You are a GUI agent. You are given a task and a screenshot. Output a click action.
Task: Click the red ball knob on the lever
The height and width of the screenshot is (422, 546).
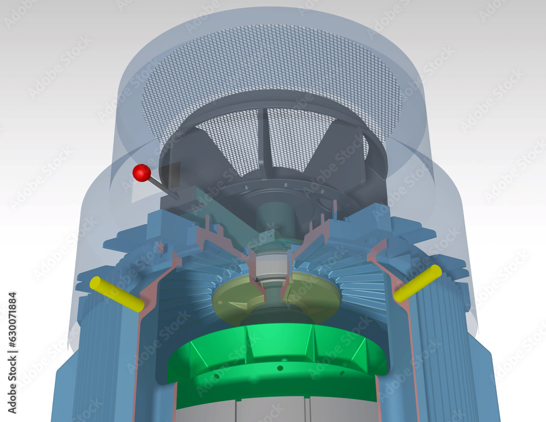[142, 173]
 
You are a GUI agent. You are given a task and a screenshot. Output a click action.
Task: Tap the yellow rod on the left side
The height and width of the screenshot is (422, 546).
[116, 294]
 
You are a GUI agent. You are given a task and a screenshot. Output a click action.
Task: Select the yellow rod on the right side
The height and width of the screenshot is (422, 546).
[418, 283]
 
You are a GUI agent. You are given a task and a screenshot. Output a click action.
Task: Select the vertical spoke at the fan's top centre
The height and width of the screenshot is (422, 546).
[265, 137]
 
